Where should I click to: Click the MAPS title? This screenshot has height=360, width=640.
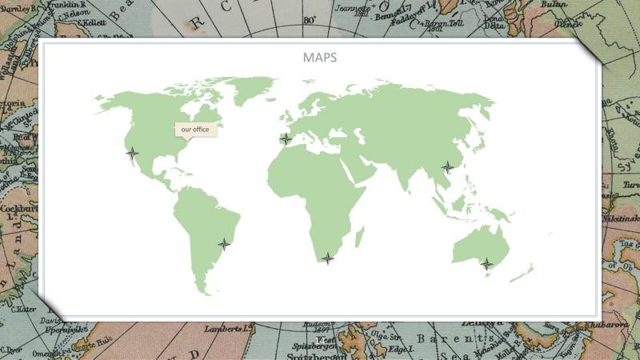(319, 58)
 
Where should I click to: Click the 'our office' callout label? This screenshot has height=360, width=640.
(195, 129)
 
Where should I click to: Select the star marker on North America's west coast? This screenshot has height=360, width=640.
(133, 153)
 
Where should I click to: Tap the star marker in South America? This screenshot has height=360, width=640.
(224, 244)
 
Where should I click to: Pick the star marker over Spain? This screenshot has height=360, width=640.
(286, 138)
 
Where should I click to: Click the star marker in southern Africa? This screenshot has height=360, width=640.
(326, 258)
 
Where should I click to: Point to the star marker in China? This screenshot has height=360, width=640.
(447, 167)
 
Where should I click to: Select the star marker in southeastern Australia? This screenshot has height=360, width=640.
(486, 263)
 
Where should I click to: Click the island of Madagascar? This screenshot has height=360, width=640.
(359, 236)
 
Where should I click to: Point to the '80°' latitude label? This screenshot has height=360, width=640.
(310, 20)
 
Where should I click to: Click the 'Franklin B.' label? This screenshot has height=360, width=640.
(76, 5)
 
